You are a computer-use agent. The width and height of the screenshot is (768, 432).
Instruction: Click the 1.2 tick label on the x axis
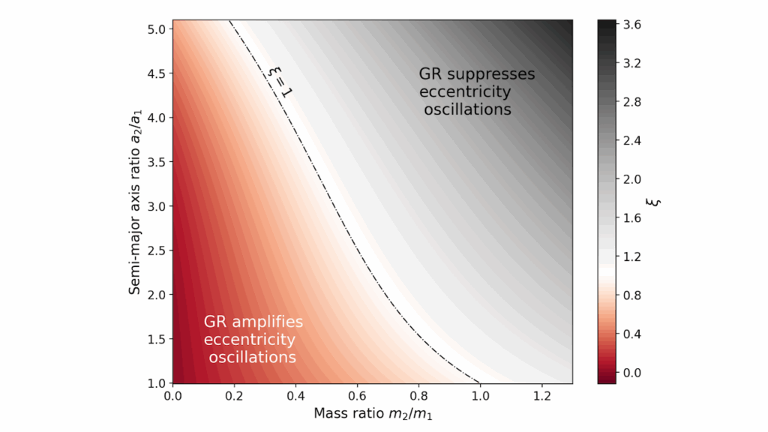coord(541,395)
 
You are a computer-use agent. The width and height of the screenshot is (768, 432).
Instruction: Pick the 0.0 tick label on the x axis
coord(173,395)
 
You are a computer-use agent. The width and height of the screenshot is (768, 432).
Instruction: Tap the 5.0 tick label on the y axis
coord(156,30)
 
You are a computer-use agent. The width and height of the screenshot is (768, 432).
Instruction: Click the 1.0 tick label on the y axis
coord(156,383)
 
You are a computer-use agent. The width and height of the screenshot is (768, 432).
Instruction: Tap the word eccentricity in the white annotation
coord(249,340)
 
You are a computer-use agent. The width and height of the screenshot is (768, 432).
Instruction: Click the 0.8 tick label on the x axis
coord(418,395)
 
